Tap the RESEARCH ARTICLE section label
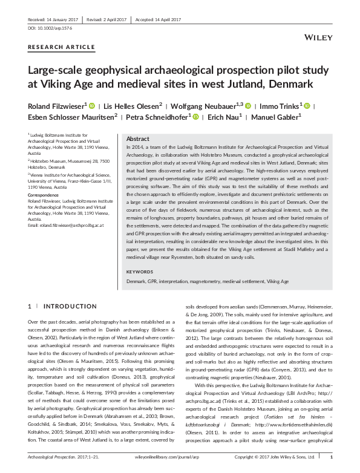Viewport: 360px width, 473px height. [62, 47]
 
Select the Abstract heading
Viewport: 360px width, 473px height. [138, 139]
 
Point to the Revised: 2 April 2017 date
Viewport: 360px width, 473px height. [103, 18]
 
